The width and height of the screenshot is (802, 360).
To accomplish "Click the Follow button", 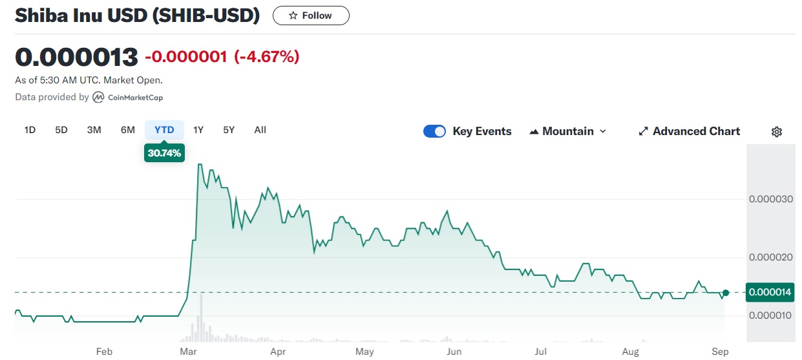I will (311, 16).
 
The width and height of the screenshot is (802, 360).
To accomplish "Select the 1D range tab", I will (30, 130).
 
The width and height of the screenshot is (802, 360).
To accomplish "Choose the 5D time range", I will (61, 130).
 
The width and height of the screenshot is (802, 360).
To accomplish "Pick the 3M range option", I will (94, 130).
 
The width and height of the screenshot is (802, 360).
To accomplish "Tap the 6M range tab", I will (128, 130).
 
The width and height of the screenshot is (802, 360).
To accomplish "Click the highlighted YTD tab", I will (164, 130).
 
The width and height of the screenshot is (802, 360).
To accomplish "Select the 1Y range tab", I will (198, 130).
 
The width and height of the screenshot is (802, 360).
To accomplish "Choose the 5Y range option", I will (229, 130).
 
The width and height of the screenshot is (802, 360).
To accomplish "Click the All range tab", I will (260, 130).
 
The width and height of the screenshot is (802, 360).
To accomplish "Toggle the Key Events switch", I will (434, 131).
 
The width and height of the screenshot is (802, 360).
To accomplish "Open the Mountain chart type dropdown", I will (568, 131).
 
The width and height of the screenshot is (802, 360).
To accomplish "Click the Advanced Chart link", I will (689, 131).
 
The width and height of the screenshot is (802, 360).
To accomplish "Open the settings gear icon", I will (777, 132).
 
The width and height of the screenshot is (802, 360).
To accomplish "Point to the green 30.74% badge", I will (164, 153).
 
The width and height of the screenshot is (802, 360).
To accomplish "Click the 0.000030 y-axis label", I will (770, 198).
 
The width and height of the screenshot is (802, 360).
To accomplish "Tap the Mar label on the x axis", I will (189, 352).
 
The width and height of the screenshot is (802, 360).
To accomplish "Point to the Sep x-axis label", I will (720, 352).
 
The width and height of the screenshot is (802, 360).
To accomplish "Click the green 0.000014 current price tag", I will (770, 292).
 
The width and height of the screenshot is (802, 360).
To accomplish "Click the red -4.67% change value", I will (266, 57).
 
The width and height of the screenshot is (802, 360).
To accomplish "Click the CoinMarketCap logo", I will (128, 98).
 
